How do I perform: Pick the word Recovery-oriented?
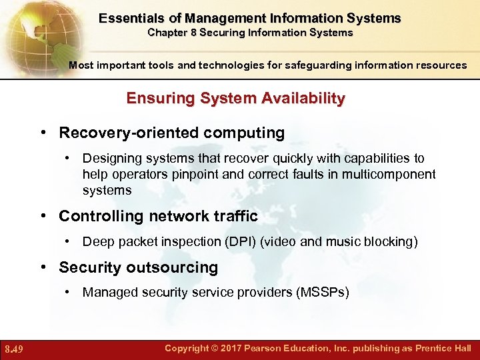pyautogui.click(x=129, y=133)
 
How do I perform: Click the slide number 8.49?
pyautogui.click(x=14, y=349)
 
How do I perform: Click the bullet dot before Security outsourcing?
pyautogui.click(x=45, y=267)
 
